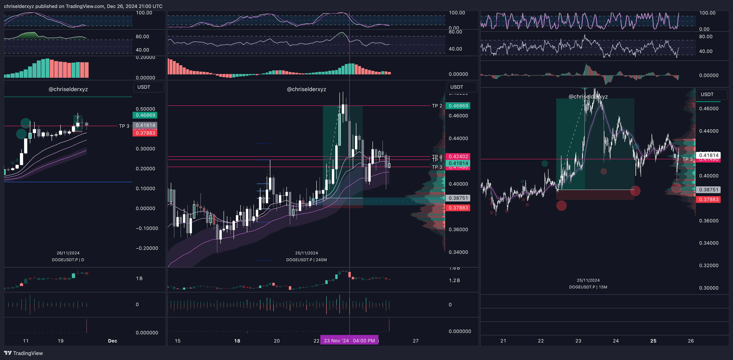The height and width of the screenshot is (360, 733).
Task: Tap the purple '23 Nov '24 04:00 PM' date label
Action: pyautogui.click(x=349, y=340)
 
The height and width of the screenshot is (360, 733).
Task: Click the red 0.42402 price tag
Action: pyautogui.click(x=458, y=156)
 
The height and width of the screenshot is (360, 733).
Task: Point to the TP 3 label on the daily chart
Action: pyautogui.click(x=124, y=126)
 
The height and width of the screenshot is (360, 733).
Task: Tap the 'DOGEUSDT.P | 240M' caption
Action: pyautogui.click(x=306, y=260)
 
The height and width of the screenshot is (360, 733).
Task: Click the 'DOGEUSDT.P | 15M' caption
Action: pyautogui.click(x=588, y=287)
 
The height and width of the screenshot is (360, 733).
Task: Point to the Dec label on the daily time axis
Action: pyautogui.click(x=112, y=341)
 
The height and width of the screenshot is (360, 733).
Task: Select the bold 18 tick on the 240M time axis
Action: pyautogui.click(x=237, y=341)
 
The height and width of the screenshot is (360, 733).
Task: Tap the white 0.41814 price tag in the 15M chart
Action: pyautogui.click(x=709, y=155)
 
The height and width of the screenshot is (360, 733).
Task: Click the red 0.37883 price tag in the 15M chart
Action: pyautogui.click(x=709, y=199)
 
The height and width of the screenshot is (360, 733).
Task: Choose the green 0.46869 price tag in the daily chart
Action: pyautogui.click(x=145, y=115)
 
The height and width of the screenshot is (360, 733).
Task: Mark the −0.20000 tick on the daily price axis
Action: pyautogui.click(x=147, y=248)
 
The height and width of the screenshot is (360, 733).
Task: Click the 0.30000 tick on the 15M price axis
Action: pyautogui.click(x=709, y=288)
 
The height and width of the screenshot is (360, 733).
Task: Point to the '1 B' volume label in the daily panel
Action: pyautogui.click(x=139, y=278)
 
